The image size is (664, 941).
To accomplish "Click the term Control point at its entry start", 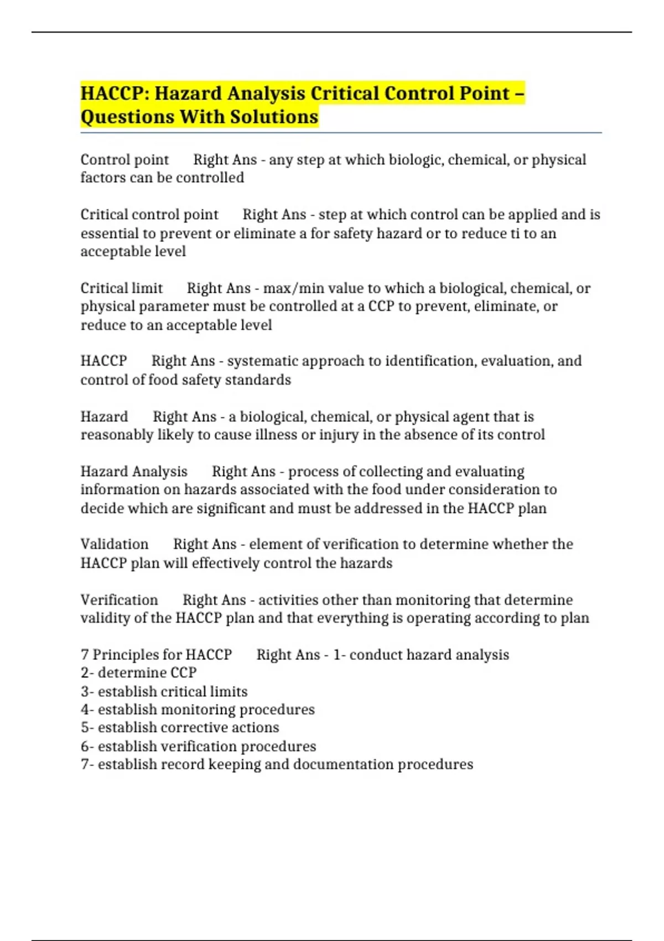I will click(124, 160).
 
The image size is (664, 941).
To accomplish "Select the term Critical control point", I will click(149, 215).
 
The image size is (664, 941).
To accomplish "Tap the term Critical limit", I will click(122, 288).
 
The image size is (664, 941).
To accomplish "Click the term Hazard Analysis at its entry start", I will click(134, 472).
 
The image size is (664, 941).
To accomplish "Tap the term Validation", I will click(115, 544).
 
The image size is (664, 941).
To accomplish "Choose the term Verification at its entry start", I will click(119, 600).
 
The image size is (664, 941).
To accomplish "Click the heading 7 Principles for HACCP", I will click(156, 655).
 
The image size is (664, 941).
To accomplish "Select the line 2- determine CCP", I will click(138, 673).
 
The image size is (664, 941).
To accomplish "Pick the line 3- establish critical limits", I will click(164, 691).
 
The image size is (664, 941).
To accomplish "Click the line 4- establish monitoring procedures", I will click(198, 710).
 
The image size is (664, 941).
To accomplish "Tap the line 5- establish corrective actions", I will click(180, 727).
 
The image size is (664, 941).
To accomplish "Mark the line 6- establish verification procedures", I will click(198, 746).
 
